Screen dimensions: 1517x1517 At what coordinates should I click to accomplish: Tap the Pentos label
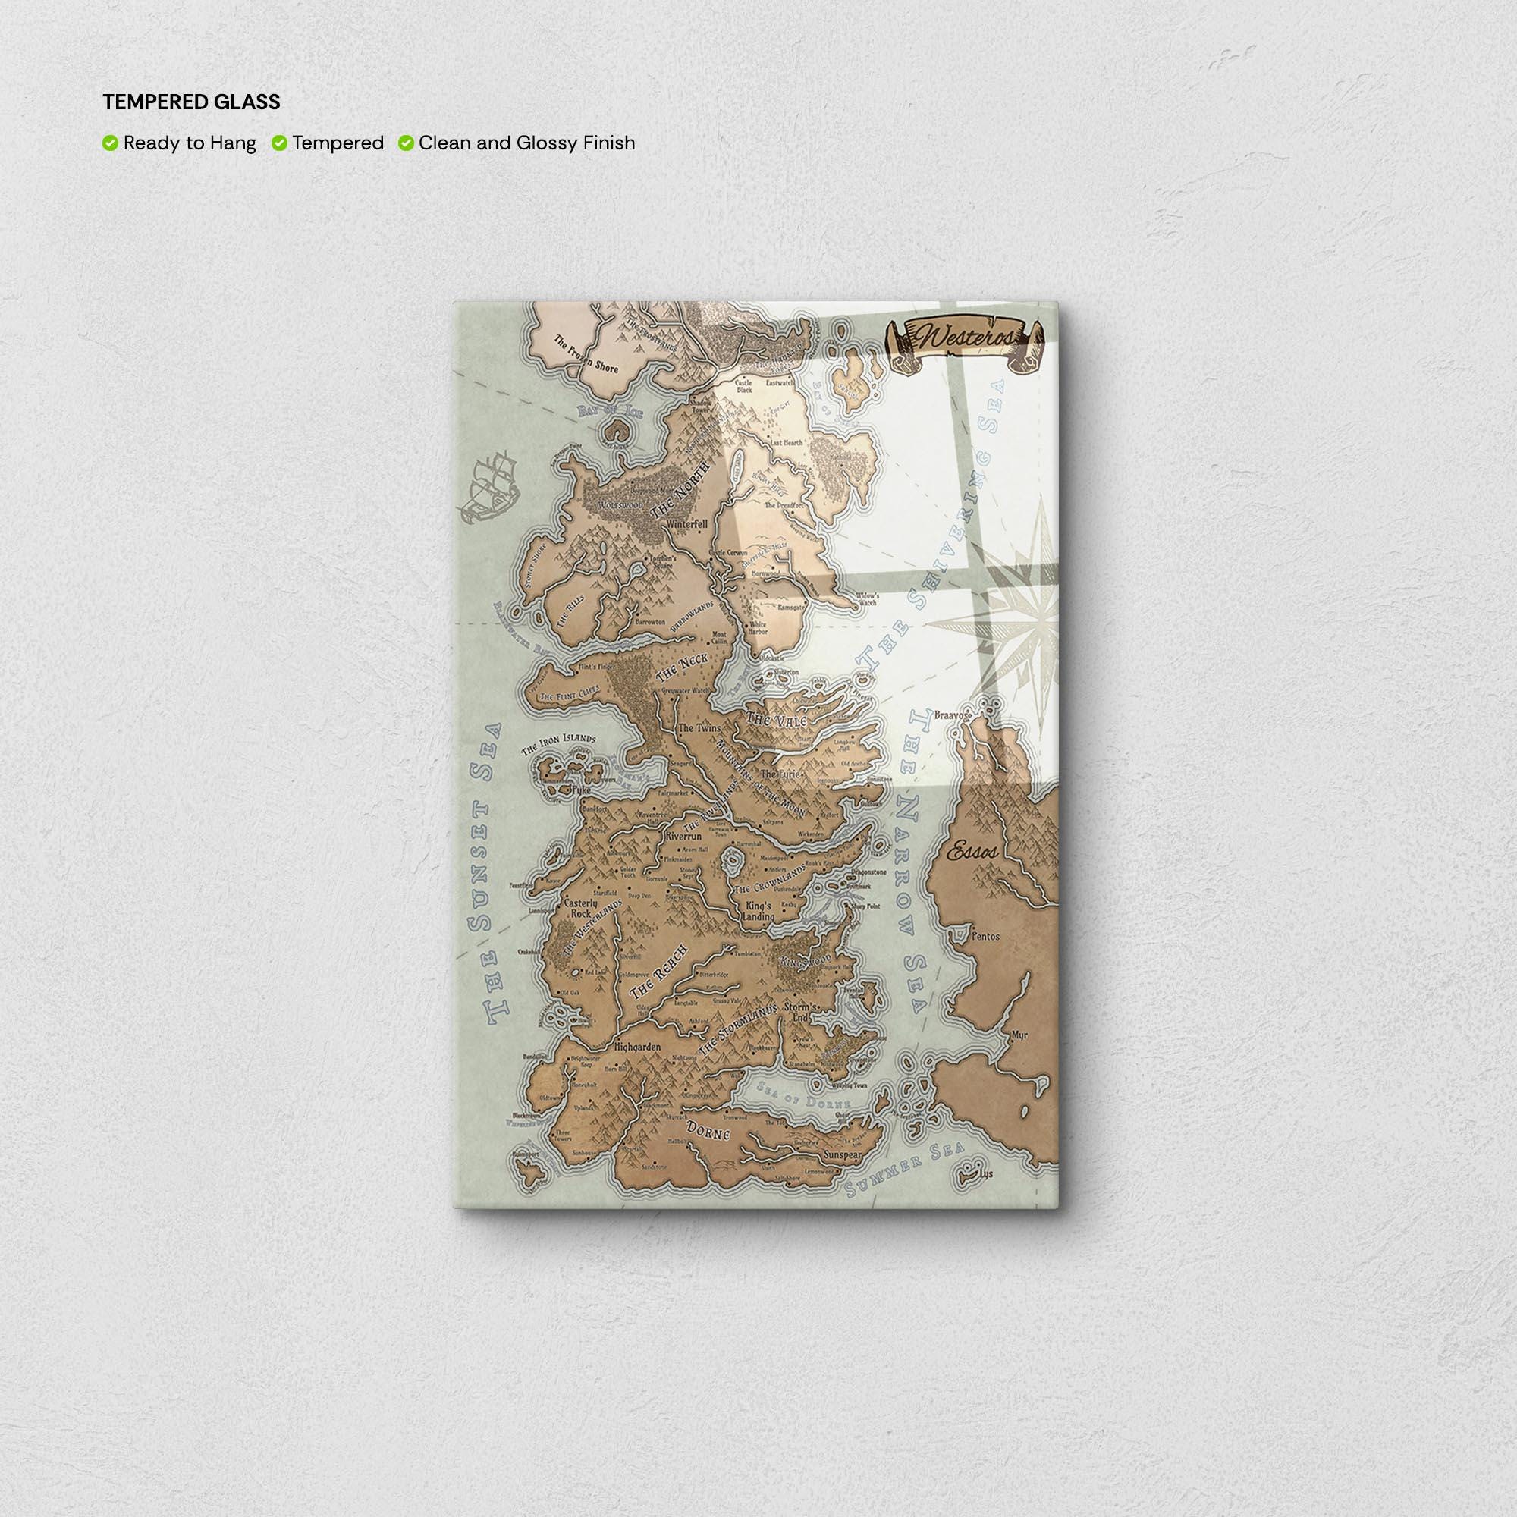tap(985, 937)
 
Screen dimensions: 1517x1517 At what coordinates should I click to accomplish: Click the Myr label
tap(1020, 1035)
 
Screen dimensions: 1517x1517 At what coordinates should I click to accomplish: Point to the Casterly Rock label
tap(581, 909)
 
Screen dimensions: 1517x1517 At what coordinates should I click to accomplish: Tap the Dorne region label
tap(708, 1132)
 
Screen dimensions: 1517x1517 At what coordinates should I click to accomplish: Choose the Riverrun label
tap(683, 837)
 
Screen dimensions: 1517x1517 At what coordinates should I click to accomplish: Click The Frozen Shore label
tap(586, 354)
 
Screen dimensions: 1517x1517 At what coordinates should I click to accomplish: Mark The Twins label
tap(699, 728)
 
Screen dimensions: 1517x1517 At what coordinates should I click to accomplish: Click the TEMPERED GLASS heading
tap(191, 102)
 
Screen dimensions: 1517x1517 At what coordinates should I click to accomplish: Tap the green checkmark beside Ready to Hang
tap(110, 143)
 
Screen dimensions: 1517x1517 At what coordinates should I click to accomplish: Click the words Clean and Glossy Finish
tap(526, 143)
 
